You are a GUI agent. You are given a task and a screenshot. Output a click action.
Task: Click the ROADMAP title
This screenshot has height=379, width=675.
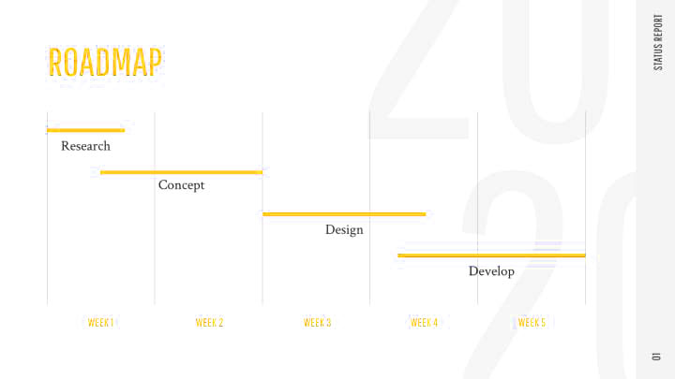(x=105, y=63)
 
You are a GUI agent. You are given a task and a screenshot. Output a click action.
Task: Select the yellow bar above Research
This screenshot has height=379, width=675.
(x=85, y=130)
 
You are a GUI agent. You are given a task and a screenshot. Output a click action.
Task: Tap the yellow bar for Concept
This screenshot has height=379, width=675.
(x=181, y=172)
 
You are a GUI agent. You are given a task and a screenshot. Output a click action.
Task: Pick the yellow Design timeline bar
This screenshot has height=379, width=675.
(x=344, y=214)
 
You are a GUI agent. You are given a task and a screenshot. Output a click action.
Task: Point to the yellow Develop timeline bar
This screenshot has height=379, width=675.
(x=491, y=255)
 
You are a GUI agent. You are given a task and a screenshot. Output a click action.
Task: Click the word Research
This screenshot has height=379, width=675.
(x=85, y=146)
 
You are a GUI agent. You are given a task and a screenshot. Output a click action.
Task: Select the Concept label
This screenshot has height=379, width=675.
(x=181, y=185)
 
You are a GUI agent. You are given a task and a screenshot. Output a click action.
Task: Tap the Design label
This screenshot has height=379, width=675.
(x=344, y=230)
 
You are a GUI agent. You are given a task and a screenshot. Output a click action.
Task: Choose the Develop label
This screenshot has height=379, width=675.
(x=491, y=271)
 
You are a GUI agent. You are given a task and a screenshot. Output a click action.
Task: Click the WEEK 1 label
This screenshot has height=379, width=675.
(x=100, y=322)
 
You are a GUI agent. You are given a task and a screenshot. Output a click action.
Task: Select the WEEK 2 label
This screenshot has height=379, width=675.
(x=209, y=322)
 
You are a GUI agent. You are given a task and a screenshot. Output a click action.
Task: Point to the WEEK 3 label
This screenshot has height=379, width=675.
(x=317, y=322)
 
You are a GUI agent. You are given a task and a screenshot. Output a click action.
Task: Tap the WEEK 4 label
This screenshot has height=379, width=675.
(x=424, y=322)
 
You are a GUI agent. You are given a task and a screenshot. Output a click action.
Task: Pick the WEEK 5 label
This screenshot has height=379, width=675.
(x=532, y=322)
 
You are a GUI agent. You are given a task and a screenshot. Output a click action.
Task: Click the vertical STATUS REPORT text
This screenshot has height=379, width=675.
(x=658, y=42)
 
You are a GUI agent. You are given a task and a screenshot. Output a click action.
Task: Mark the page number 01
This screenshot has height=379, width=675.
(x=656, y=357)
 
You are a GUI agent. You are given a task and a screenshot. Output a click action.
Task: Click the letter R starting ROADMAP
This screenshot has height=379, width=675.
(x=55, y=63)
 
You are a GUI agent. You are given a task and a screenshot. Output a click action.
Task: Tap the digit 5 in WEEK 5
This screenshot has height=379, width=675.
(x=543, y=322)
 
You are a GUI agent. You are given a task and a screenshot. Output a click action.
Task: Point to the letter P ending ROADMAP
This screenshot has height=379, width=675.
(x=156, y=63)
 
